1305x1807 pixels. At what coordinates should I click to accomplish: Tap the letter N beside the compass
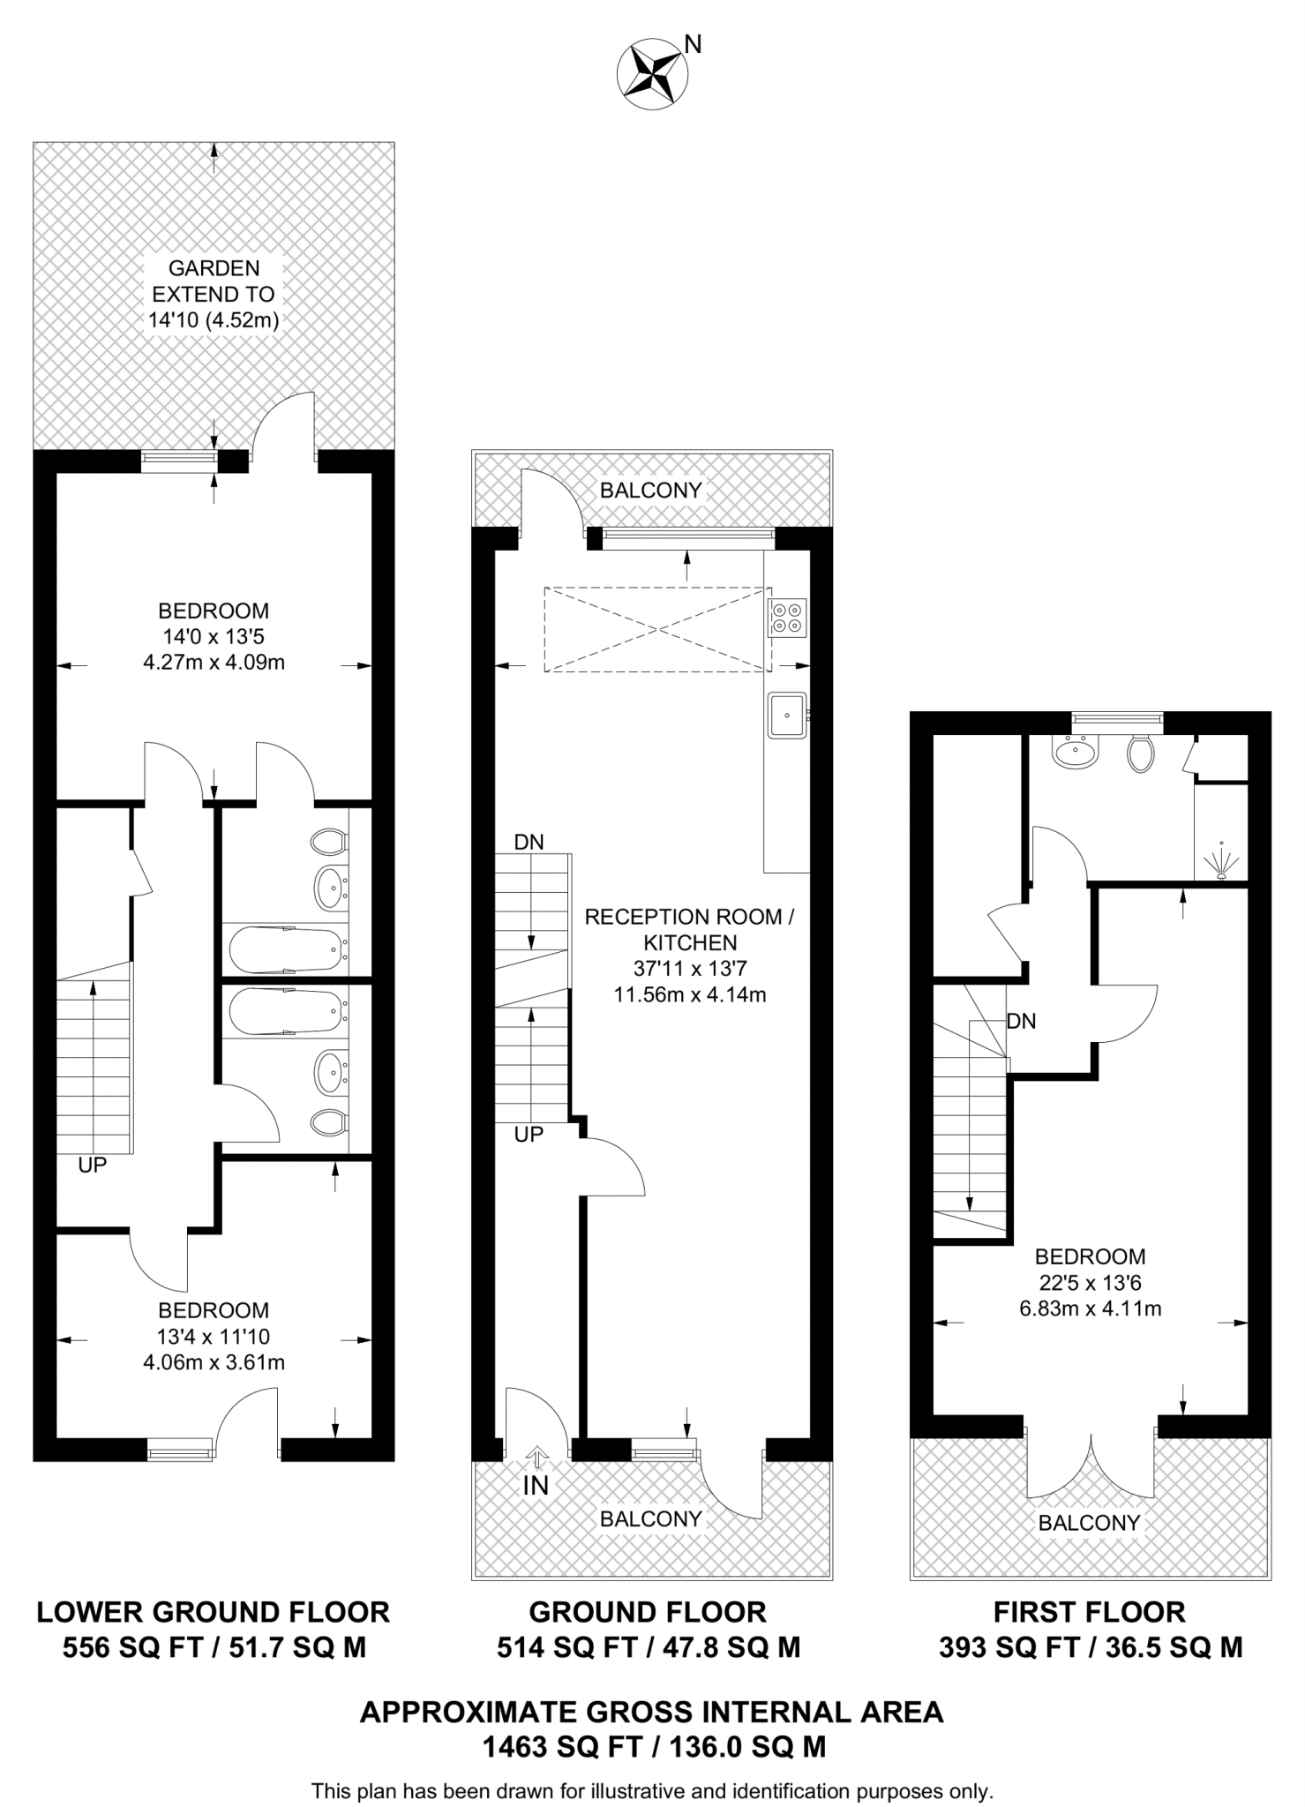(x=694, y=44)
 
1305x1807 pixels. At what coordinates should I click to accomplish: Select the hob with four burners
(x=786, y=617)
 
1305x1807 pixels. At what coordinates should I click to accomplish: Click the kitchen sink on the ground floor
(x=785, y=715)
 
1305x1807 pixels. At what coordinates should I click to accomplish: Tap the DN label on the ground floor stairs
(x=529, y=842)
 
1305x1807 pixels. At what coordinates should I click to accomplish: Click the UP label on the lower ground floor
(x=93, y=1165)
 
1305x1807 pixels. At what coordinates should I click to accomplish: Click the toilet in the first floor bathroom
(x=1140, y=754)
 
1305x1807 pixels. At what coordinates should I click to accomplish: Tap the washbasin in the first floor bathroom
(x=1075, y=752)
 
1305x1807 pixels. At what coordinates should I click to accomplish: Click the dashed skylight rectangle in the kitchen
(x=657, y=630)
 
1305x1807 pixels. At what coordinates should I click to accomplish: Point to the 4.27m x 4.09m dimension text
(x=214, y=662)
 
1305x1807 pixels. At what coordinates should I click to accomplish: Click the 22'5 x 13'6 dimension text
(x=1090, y=1282)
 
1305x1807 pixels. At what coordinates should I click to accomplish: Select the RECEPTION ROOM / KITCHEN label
(x=689, y=929)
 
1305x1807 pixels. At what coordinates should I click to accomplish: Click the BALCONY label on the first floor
(x=1089, y=1522)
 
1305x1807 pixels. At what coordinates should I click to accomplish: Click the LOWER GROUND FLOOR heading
(x=213, y=1612)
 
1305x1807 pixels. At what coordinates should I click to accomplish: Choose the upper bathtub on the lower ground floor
(x=285, y=948)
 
